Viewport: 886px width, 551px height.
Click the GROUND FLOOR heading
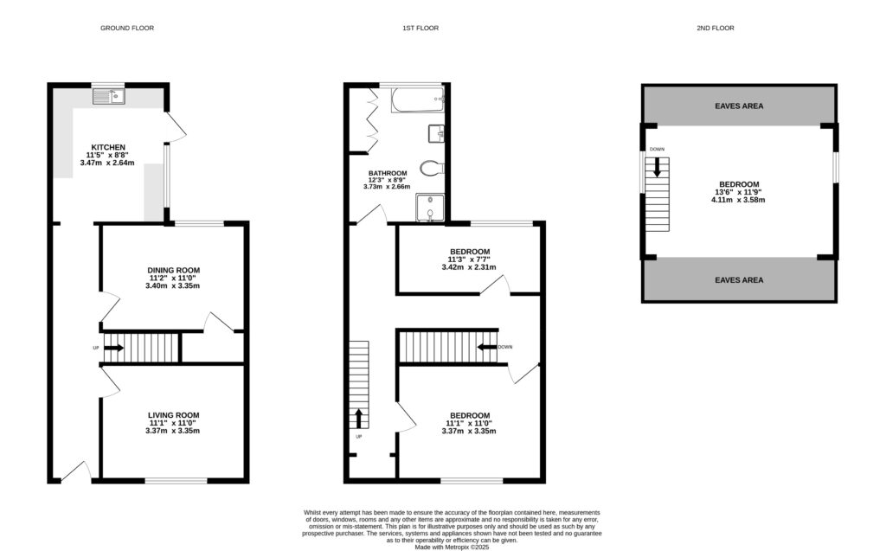point(127,28)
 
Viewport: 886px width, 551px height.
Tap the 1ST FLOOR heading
point(421,28)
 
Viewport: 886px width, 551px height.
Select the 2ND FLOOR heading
point(715,28)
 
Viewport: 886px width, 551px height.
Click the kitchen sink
point(110,95)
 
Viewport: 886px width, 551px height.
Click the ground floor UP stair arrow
point(114,349)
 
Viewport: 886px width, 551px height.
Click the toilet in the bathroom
point(431,168)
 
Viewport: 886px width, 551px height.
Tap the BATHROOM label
point(387,173)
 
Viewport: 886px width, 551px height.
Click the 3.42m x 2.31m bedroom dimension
point(468,267)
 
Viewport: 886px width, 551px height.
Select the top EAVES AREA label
point(739,106)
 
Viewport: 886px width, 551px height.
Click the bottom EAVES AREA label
point(739,280)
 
